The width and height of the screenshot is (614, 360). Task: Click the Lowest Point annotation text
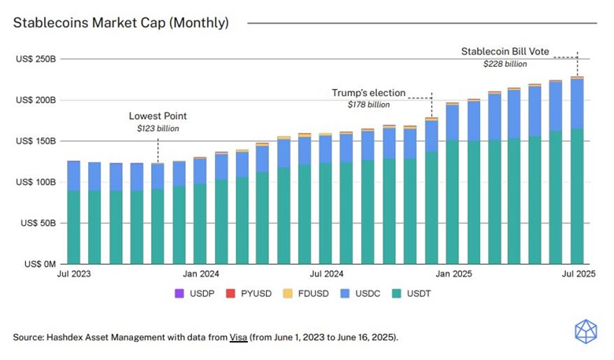[x=157, y=115]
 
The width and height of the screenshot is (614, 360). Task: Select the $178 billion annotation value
[x=368, y=105]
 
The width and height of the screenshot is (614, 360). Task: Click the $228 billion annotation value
[x=505, y=64]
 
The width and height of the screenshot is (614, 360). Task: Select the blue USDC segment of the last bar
[x=577, y=103]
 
